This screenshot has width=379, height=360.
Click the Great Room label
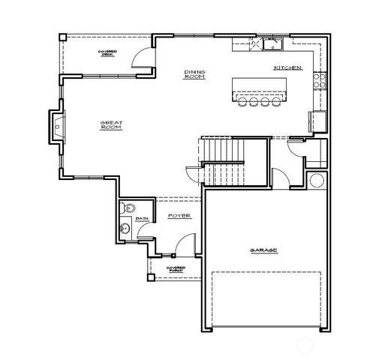[x=111, y=125]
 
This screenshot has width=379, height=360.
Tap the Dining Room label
[x=195, y=73]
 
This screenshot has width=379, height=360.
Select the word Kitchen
[x=287, y=68]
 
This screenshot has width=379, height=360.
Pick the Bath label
[x=140, y=220]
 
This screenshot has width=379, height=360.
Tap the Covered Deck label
[x=109, y=52]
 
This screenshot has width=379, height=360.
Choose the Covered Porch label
[x=176, y=268]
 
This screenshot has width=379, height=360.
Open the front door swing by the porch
[x=187, y=245]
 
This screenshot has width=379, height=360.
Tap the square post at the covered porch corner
[x=151, y=277]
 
